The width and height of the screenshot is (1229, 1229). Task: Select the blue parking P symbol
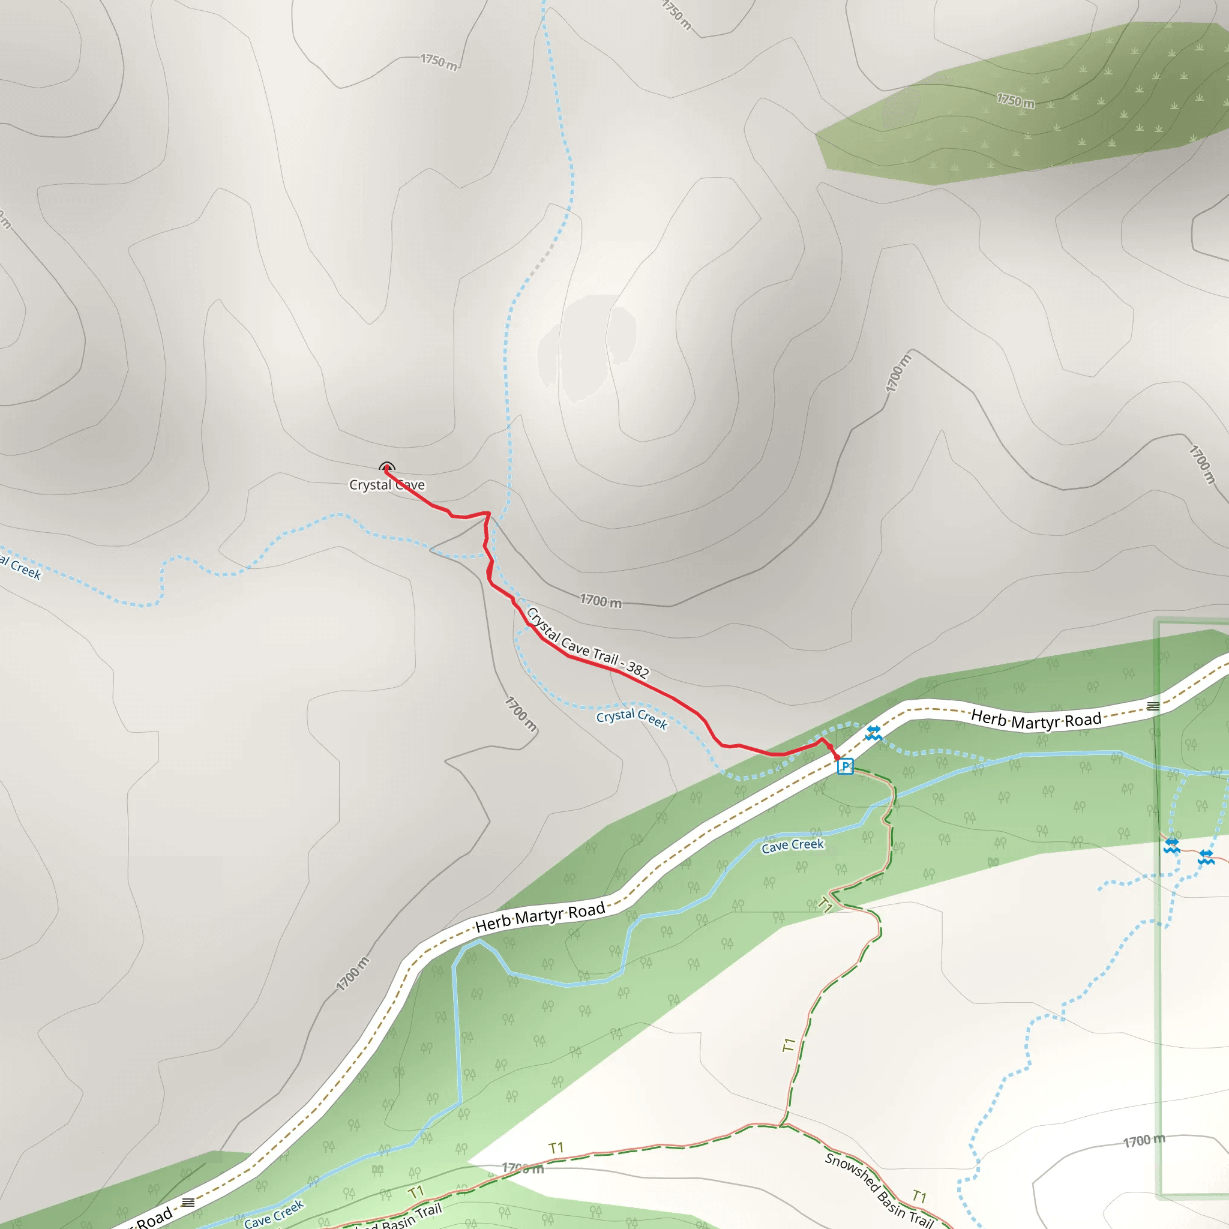pos(846,766)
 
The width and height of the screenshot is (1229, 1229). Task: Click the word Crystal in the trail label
pos(542,625)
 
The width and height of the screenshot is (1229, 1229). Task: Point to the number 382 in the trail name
pos(637,669)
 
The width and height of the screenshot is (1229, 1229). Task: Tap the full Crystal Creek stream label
pos(632,719)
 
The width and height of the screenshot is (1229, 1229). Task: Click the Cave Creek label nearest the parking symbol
pos(793,846)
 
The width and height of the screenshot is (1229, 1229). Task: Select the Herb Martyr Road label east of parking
pos(1036,720)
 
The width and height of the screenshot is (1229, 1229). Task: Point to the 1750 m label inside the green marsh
pos(1015,100)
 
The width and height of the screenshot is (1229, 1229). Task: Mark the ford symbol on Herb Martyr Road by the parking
pos(873,733)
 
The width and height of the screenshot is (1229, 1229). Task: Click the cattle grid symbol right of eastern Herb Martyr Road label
pos(1153,706)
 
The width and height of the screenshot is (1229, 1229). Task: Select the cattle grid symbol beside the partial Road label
pos(188,1202)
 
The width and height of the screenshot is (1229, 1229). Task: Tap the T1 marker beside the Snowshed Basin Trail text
pos(919,1196)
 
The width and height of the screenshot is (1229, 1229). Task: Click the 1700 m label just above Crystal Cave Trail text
pos(601,601)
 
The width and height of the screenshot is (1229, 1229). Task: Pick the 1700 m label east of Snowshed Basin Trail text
pos(1144,1141)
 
